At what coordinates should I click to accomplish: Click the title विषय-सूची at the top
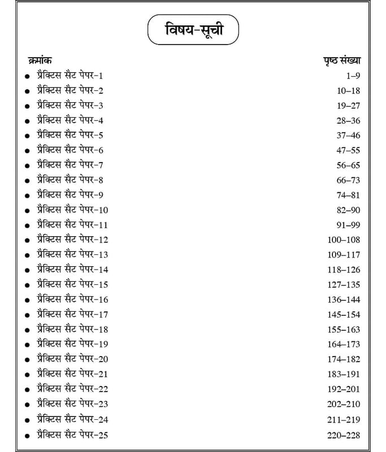coord(193,30)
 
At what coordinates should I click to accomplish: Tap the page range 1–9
coord(352,75)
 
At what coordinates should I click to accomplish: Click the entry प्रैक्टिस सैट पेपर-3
coord(70,105)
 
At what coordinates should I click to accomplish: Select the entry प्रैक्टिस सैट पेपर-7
coord(70,165)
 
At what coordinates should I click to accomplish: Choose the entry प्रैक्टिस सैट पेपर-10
coord(72,210)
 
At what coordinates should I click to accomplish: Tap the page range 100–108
coord(344,240)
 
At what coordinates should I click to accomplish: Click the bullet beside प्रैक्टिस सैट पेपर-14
coord(27,271)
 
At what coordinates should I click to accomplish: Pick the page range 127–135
coord(344,284)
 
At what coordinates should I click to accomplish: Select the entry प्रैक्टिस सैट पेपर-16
coord(72,299)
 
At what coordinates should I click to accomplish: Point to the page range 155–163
coord(344,329)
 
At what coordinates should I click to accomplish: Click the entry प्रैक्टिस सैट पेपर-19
coord(72,344)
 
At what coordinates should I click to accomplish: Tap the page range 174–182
coord(344,359)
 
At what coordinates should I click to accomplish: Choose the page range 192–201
coord(344,389)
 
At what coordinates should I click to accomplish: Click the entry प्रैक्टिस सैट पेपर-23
coord(72,404)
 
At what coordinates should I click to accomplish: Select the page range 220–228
coord(344,435)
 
